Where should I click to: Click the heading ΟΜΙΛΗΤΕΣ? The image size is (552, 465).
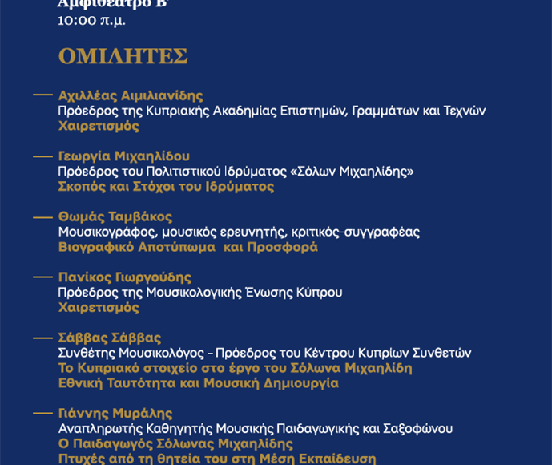pos(123,57)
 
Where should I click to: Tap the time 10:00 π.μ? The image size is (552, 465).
pos(91,20)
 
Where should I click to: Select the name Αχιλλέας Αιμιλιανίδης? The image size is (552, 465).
pos(131,95)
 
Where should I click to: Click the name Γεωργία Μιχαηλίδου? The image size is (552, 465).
pos(123,156)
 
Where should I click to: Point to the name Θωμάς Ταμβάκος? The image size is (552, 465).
pos(115,216)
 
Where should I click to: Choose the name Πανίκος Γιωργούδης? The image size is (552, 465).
pos(124,277)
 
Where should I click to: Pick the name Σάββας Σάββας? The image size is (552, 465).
pos(109,338)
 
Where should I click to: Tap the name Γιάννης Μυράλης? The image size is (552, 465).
pos(115,414)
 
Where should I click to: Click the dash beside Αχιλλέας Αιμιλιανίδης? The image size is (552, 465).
pos(42,95)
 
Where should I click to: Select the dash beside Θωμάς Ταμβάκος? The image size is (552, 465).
pos(42,216)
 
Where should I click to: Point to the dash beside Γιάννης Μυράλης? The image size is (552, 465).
pos(42,414)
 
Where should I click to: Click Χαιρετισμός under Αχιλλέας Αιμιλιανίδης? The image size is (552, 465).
pos(99,126)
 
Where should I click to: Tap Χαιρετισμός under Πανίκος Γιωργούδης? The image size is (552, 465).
pos(99,307)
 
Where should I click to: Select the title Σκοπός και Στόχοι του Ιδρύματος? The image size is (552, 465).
pos(166,186)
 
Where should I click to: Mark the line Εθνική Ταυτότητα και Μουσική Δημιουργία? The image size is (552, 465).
pos(198,383)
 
